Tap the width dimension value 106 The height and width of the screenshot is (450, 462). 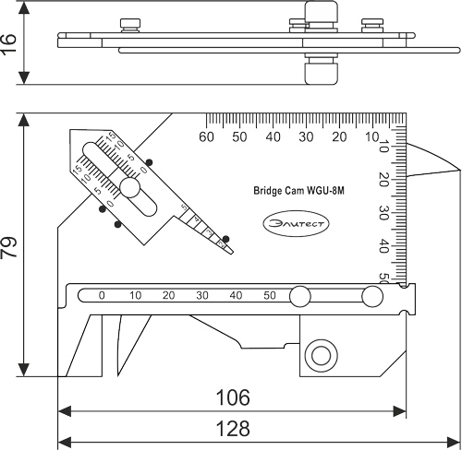233,398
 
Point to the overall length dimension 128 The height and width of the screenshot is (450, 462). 233,430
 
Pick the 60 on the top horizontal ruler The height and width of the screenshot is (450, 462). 207,137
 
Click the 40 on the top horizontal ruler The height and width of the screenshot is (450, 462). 273,137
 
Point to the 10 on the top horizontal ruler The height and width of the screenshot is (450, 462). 372,137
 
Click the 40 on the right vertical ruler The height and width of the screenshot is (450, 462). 384,246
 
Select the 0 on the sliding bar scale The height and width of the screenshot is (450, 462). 102,296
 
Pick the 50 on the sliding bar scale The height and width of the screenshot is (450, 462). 269,296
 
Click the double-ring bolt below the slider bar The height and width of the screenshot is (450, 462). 323,353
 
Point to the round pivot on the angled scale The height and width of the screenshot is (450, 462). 130,189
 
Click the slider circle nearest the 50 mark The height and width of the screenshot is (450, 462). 299,297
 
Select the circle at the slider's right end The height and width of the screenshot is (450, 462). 371,297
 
